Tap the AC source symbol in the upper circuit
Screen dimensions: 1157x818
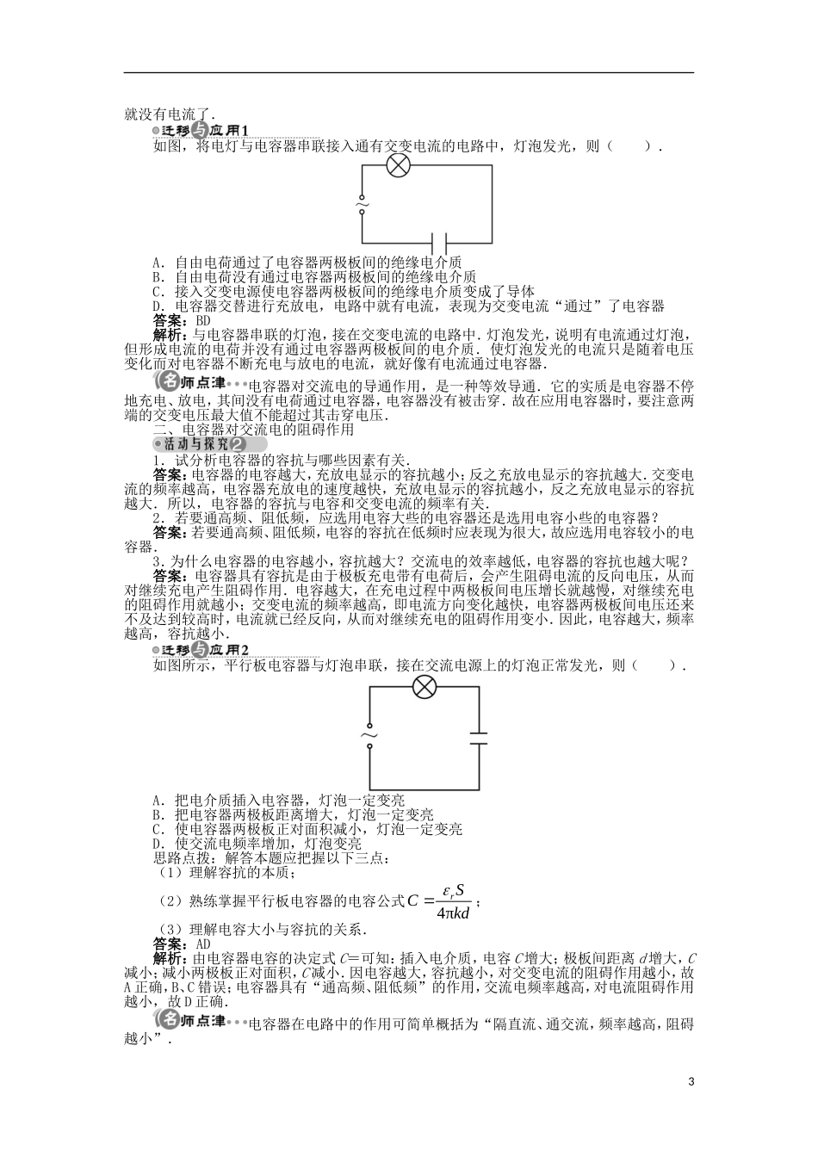click(362, 205)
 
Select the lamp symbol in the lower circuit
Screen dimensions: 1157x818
click(424, 686)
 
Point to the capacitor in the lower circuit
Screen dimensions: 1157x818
click(478, 738)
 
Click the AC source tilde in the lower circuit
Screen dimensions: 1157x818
click(369, 737)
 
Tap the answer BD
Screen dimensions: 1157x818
click(204, 320)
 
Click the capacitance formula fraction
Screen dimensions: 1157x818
click(453, 901)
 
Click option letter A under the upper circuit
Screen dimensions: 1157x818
click(158, 262)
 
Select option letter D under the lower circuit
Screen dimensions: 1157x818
click(158, 843)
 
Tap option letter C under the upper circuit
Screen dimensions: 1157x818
click(158, 291)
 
